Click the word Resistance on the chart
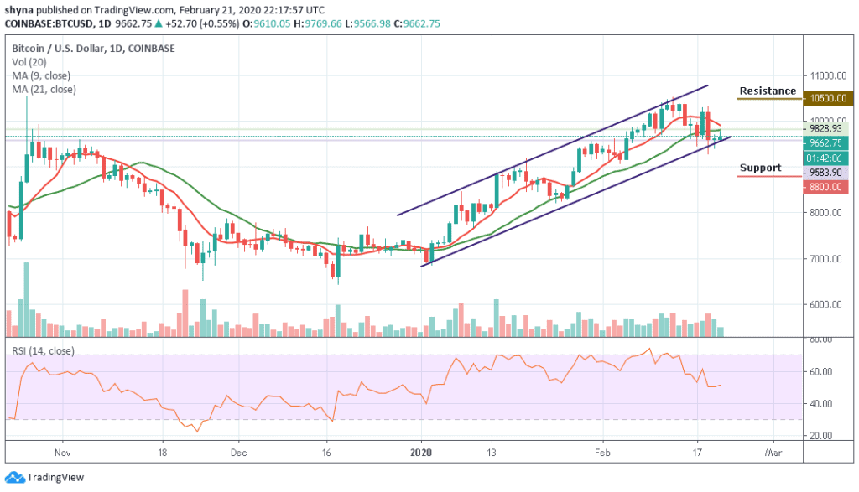click(x=767, y=91)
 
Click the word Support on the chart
click(x=760, y=168)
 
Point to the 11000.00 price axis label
click(x=825, y=74)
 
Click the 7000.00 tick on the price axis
click(x=825, y=258)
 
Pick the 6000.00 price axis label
click(x=825, y=304)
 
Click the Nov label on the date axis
click(x=62, y=450)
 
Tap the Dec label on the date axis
click(x=239, y=450)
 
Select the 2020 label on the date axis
click(x=421, y=450)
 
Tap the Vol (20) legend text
click(x=25, y=62)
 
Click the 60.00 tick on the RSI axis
click(x=821, y=371)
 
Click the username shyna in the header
click(x=19, y=9)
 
